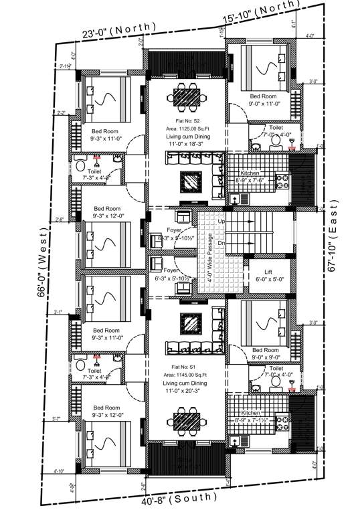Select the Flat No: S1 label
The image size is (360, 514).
click(x=183, y=367)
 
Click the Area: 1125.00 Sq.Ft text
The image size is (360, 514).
click(x=188, y=128)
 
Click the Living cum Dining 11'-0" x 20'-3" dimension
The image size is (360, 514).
click(x=187, y=393)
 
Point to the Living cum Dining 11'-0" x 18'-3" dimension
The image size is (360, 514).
click(x=188, y=145)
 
